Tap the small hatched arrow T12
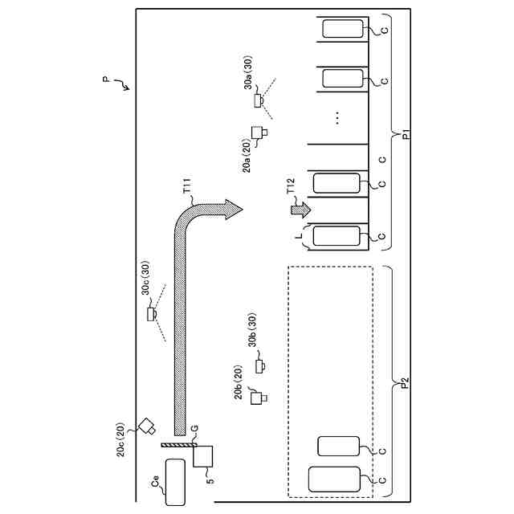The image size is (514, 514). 300,209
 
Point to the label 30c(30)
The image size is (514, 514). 146,278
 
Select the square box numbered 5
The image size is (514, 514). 203,456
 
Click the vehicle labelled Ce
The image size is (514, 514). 175,482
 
